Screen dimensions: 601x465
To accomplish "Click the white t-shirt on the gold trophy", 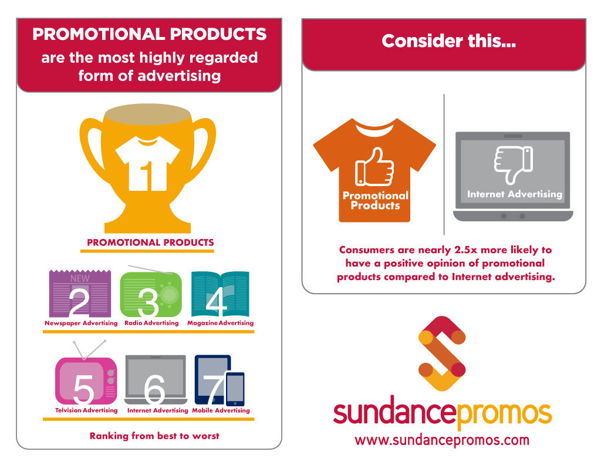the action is [x=147, y=164].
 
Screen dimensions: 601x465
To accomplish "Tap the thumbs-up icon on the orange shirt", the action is [x=374, y=167].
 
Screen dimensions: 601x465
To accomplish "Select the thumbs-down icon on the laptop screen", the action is [x=513, y=164].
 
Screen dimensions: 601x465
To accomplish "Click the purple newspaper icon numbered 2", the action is [x=80, y=294].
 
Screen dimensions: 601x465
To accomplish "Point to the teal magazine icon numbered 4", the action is [x=220, y=294].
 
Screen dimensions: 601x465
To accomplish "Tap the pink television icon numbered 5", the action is [x=86, y=380].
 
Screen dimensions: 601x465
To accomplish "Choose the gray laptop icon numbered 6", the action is [x=156, y=379].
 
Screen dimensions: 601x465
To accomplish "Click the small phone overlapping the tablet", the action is [x=235, y=389].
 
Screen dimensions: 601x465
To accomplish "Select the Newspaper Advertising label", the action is [x=81, y=323].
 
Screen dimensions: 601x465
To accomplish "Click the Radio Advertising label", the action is [x=151, y=323].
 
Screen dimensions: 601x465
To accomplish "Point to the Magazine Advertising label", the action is [x=221, y=323].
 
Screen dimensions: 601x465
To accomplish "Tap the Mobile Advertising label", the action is [x=221, y=410].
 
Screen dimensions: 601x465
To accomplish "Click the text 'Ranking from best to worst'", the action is [x=154, y=436].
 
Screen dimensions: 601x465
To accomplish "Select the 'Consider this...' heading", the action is [x=449, y=41].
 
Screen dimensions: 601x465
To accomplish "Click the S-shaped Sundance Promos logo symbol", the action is [x=442, y=353].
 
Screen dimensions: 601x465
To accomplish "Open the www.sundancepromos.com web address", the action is [x=442, y=440].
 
